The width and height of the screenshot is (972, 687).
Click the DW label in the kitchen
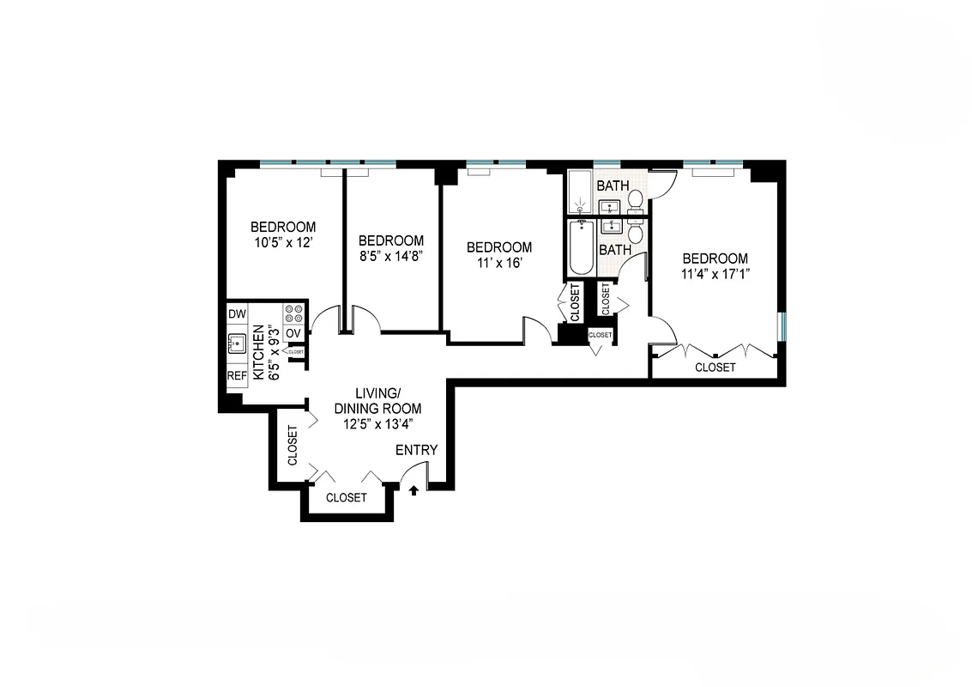pos(237,315)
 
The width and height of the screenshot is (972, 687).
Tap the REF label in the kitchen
pos(237,376)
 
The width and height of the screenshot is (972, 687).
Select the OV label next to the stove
pos(293,333)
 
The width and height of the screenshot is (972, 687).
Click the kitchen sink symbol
pos(238,345)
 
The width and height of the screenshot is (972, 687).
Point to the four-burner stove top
pos(293,312)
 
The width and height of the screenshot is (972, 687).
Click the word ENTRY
pos(416,450)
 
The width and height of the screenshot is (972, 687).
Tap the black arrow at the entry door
pos(414,490)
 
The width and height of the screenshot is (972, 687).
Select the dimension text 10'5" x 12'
pos(282,243)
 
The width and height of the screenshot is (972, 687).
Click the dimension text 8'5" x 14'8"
pos(391,256)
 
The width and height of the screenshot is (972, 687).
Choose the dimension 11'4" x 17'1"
pos(715,275)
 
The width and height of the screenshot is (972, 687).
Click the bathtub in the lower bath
pos(582,249)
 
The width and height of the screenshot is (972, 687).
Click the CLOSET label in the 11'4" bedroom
pos(715,367)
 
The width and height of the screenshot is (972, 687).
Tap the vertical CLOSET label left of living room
pos(292,446)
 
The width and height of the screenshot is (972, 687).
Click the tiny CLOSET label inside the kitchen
pos(296,352)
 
